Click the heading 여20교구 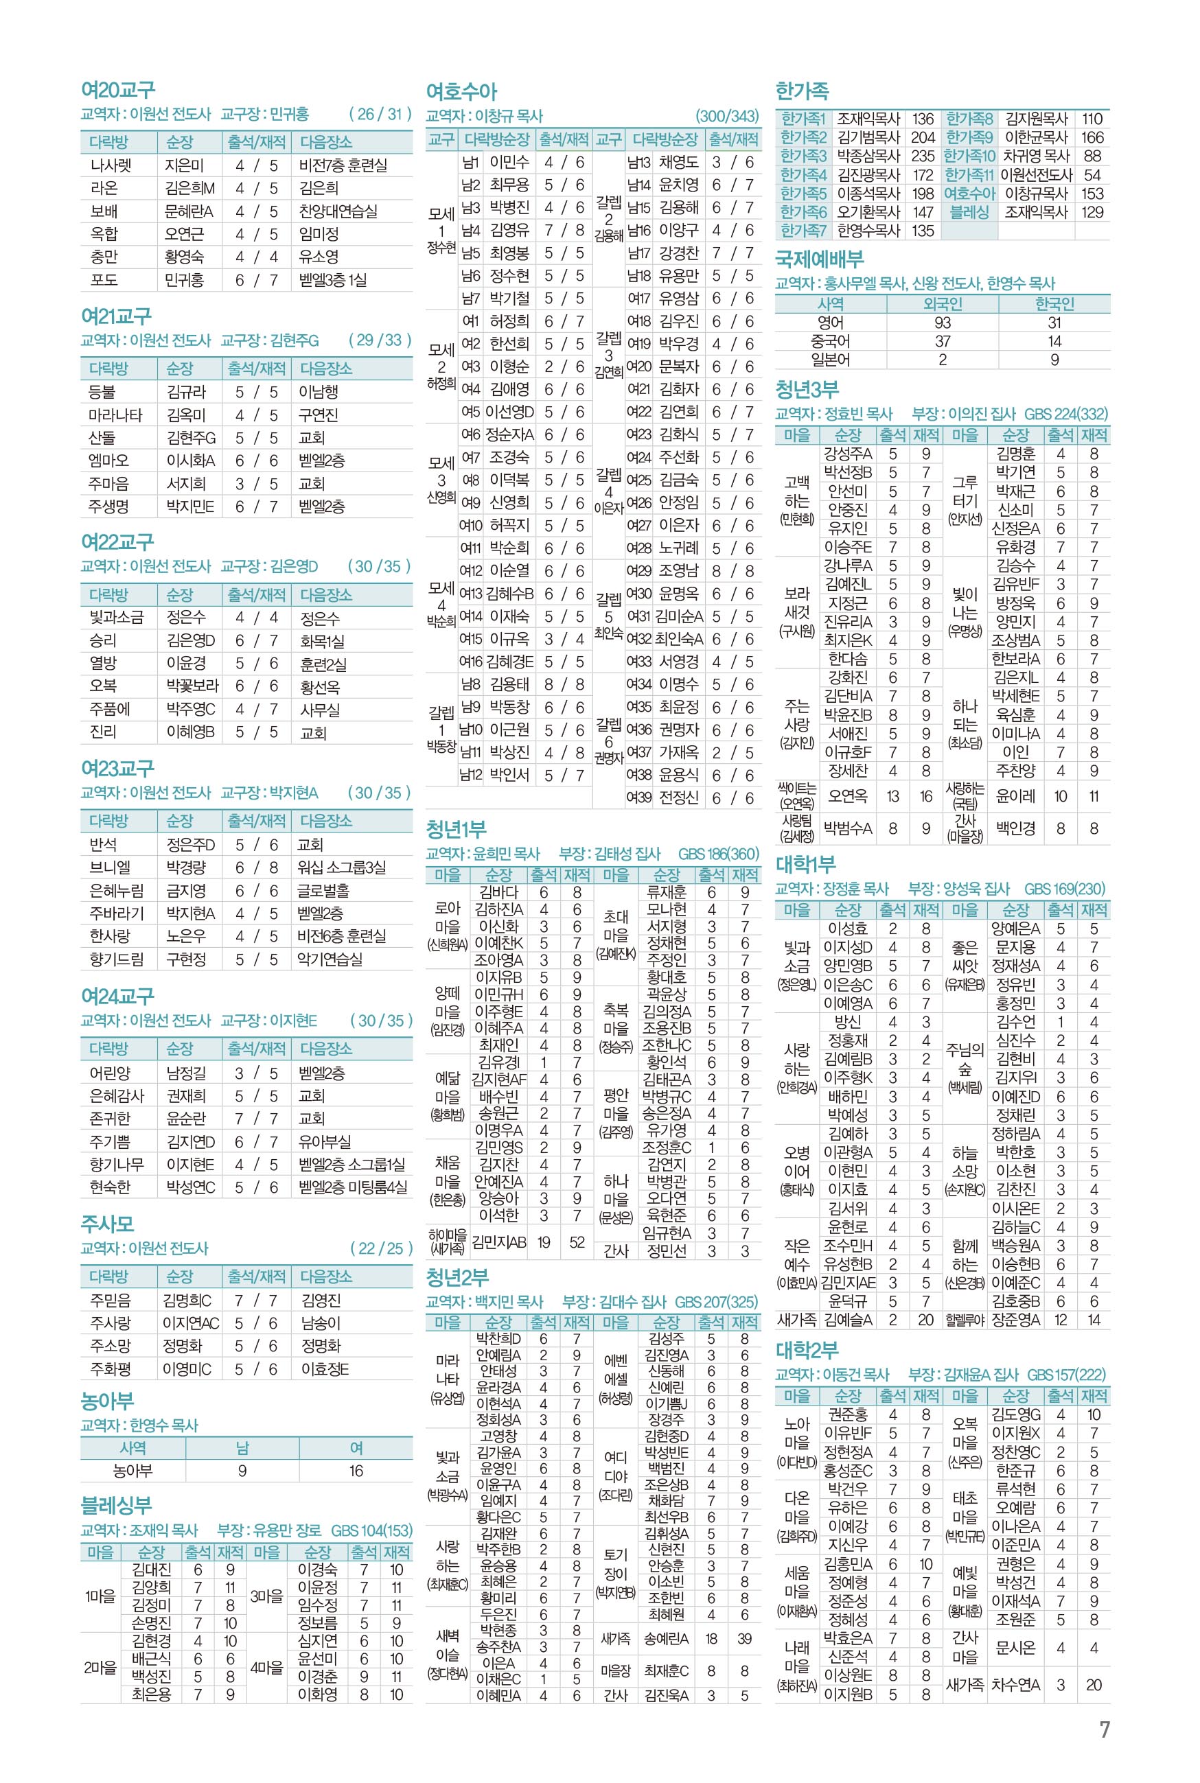point(118,91)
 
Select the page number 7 point(1104,1730)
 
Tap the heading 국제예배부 point(820,259)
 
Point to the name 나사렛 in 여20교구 point(111,165)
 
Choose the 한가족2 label point(803,138)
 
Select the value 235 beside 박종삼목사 point(923,156)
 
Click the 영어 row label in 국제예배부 point(831,323)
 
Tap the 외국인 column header point(942,303)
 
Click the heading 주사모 point(107,1224)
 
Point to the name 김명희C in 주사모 point(187,1301)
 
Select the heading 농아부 point(107,1401)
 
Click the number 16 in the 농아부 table point(356,1471)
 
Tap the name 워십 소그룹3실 point(341,867)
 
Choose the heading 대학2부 point(807,1351)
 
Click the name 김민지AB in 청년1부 point(499,1242)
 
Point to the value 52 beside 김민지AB point(577,1242)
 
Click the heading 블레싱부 point(116,1505)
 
